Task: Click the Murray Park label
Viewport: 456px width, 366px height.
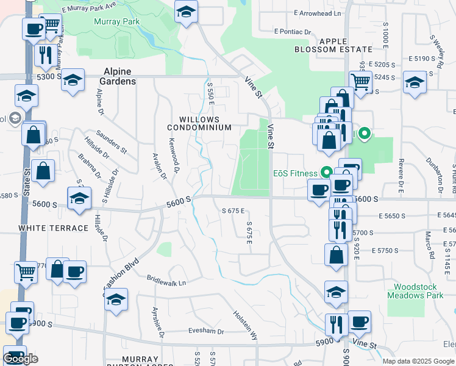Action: click(x=109, y=21)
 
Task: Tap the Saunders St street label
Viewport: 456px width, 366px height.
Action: click(x=111, y=142)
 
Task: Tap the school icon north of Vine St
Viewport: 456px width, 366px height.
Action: click(x=187, y=12)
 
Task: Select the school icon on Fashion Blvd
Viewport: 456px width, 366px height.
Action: click(x=116, y=300)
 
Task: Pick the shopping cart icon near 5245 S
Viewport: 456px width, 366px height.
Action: click(x=360, y=81)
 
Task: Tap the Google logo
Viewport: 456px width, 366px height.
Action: click(x=21, y=358)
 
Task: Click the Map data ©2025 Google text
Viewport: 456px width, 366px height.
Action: click(x=419, y=361)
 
